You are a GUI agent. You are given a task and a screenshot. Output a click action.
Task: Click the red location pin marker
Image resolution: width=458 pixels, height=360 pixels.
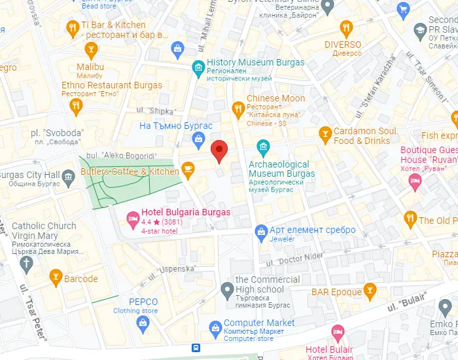click(220, 151)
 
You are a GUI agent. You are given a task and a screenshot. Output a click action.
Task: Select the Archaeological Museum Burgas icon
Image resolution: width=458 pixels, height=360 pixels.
click(264, 146)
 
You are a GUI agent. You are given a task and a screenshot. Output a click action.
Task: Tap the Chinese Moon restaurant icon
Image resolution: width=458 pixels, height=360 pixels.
click(238, 107)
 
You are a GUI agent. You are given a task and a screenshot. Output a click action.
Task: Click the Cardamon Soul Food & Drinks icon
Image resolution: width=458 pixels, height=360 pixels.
click(325, 135)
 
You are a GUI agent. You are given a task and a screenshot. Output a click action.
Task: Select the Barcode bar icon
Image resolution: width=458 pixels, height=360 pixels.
click(56, 278)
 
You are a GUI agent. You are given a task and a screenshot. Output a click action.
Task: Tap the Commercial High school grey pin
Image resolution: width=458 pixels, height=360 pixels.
click(227, 288)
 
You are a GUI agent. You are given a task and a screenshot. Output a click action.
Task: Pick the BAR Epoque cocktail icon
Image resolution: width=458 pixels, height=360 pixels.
click(370, 289)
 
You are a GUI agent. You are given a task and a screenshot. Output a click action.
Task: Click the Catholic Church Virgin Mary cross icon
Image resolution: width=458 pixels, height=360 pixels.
click(26, 264)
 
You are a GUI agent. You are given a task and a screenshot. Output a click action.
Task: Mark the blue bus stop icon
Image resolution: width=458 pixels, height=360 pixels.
click(196, 348)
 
